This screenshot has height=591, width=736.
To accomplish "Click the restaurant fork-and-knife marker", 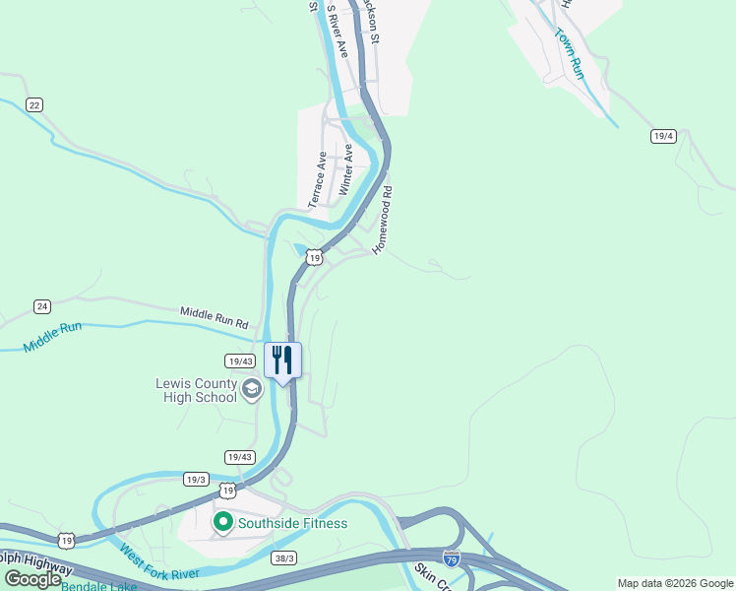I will pos(283,361).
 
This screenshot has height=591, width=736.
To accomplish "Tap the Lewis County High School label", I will pos(197,390).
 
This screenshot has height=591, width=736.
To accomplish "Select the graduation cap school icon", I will pos(251,390).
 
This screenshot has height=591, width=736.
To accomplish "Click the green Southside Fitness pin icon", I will pos(222,522).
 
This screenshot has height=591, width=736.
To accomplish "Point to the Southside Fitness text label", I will pos(292,523).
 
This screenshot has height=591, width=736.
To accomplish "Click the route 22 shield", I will pos(34,105).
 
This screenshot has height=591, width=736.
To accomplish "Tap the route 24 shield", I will pos(42,307).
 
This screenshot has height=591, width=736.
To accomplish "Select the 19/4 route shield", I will pos(663,136).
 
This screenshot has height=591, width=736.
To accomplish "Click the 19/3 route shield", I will pos(196,479).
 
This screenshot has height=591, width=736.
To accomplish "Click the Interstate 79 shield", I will pos(451,558).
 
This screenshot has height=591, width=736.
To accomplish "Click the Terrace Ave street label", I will pos(318,178).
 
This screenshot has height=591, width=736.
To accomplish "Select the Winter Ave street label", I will pos(345,168).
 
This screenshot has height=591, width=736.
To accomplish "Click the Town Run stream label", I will pos(569,53).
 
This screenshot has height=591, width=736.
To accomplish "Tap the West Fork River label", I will pos(157,565).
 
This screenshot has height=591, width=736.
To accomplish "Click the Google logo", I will pos(32,579).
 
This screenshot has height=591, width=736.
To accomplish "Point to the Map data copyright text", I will pos(674,583).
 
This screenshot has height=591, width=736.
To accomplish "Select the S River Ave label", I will pos(337,32).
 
